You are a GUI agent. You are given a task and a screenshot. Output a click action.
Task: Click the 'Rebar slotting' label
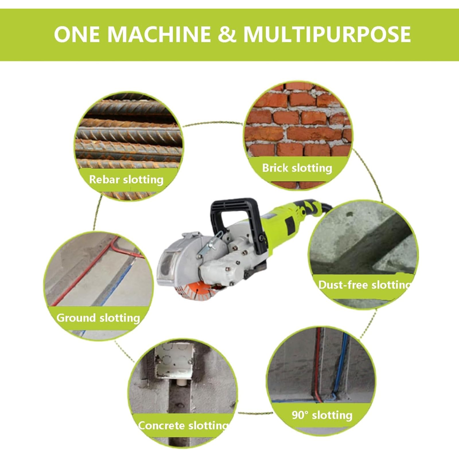(x=126, y=180)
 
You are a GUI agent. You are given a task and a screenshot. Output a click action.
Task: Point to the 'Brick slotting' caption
(x=297, y=168)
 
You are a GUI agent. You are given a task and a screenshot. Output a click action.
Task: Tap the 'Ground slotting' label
(x=98, y=318)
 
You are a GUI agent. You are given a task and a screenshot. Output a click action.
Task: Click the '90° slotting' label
(x=322, y=415)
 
